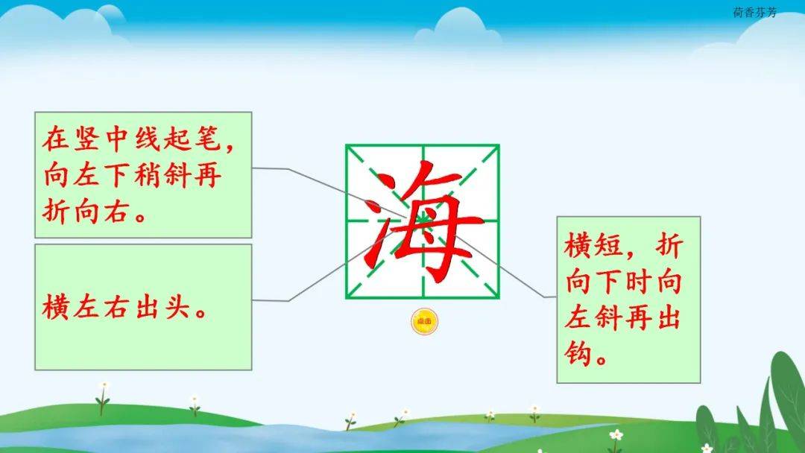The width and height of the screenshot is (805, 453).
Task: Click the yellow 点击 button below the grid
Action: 425,322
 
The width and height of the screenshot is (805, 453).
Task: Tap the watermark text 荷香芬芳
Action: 754,13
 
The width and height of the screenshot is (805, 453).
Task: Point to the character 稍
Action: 148,174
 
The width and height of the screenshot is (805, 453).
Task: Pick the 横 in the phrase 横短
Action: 578,246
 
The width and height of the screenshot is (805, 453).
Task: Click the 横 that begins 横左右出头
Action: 55,306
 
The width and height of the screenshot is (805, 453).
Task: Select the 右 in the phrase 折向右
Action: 116,210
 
